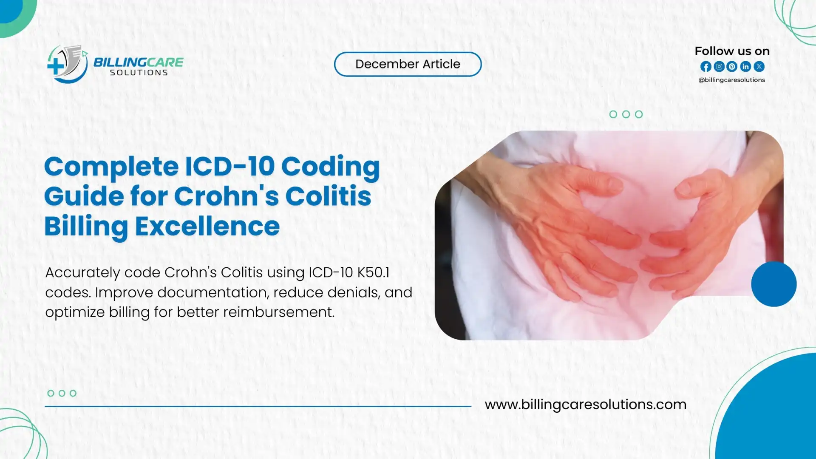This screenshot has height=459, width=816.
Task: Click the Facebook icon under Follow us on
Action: point(705,67)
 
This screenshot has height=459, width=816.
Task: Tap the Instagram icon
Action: point(719,67)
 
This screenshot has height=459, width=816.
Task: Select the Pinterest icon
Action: point(732,67)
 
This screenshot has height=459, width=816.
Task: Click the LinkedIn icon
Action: point(745,67)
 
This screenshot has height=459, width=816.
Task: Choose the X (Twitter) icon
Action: point(759,67)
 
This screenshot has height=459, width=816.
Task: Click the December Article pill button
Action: point(408,64)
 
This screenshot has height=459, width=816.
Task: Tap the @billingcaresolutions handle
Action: point(731,80)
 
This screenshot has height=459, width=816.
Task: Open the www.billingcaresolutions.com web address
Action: point(585,404)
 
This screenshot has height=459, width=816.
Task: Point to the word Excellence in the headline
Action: point(207,226)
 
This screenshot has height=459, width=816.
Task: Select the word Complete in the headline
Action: point(111,167)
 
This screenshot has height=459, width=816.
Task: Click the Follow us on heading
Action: point(732,51)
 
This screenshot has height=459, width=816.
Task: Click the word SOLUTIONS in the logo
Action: point(139,73)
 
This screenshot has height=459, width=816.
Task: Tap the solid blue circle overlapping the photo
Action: point(773,284)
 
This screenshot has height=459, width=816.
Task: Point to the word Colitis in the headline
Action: point(328,196)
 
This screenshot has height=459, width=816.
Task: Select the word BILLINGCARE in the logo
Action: point(138,62)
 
